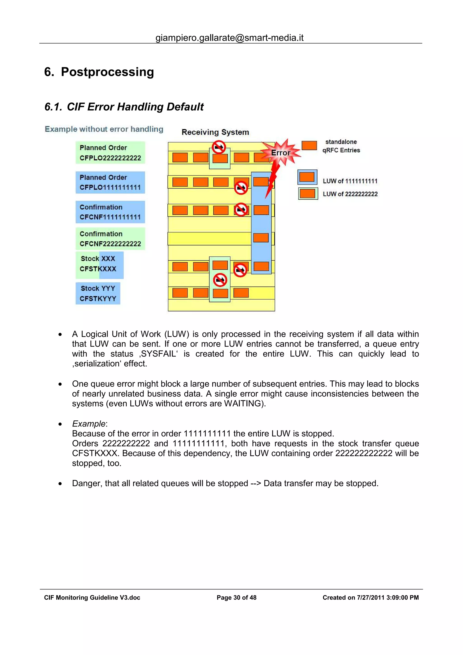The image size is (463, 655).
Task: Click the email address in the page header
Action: [229, 38]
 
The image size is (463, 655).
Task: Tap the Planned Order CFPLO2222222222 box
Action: [110, 153]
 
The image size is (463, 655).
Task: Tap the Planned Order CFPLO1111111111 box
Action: [110, 183]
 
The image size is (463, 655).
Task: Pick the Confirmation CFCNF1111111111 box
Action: [110, 212]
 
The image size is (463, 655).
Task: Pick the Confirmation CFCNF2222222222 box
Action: [110, 239]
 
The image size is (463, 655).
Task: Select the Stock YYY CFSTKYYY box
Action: [98, 294]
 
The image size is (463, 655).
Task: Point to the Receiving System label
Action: [215, 132]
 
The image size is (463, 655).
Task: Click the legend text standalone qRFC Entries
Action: [341, 146]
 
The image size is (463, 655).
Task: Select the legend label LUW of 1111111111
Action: [350, 181]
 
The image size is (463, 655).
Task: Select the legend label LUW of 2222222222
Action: [350, 194]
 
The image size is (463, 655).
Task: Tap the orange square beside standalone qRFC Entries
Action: [309, 146]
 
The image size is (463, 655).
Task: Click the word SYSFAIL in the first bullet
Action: [159, 354]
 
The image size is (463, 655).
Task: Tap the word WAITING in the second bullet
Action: [243, 403]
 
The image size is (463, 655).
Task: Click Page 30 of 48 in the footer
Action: [236, 598]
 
